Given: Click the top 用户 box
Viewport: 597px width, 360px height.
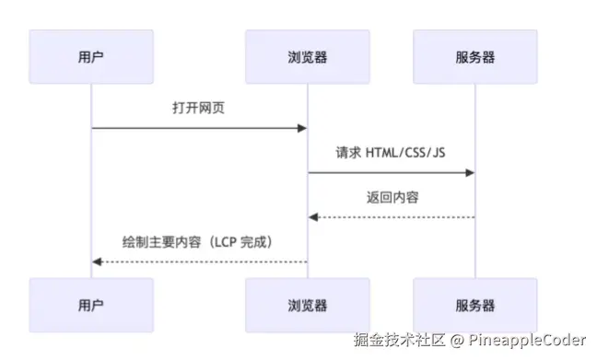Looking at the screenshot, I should click(x=91, y=57).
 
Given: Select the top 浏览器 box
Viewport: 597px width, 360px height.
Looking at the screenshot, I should click(x=307, y=57).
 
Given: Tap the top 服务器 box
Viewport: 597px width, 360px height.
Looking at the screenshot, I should click(x=474, y=57).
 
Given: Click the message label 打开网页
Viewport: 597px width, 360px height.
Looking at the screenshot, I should click(x=198, y=108).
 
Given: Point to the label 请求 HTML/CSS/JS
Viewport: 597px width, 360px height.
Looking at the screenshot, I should click(x=391, y=152).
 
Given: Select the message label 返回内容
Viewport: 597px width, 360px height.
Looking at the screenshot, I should click(x=391, y=197).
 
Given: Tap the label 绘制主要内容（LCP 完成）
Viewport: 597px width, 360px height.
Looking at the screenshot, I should click(x=198, y=241).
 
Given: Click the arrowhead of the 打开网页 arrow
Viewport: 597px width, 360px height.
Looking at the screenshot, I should click(x=301, y=128).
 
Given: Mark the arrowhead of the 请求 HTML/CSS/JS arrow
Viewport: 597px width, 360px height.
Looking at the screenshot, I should click(x=469, y=172).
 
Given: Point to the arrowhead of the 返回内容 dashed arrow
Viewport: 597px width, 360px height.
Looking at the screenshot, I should click(x=313, y=217).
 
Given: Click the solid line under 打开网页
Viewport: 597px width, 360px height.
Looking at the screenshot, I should click(x=198, y=128).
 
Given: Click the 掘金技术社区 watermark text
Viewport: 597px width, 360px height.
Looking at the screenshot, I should click(x=399, y=341).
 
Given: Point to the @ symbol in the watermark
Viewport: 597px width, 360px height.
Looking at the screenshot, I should click(x=455, y=341).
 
